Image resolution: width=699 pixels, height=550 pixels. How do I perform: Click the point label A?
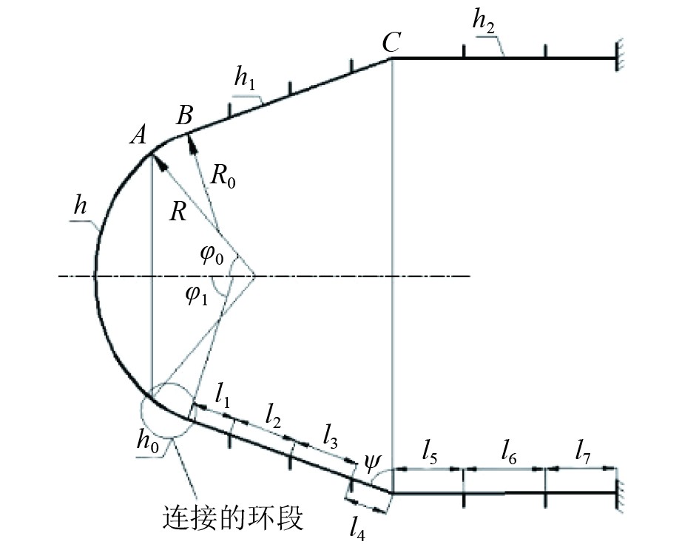point(138,135)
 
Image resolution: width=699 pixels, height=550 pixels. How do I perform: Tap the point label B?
point(184,115)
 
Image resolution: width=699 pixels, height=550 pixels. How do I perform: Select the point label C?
point(391,44)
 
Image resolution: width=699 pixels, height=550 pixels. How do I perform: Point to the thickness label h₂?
point(484,25)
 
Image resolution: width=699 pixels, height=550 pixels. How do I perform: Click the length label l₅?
point(430,450)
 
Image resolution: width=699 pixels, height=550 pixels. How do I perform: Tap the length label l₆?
point(508,450)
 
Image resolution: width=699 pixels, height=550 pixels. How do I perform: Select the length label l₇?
point(584,450)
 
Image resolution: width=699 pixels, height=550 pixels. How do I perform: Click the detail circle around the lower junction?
point(168,410)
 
